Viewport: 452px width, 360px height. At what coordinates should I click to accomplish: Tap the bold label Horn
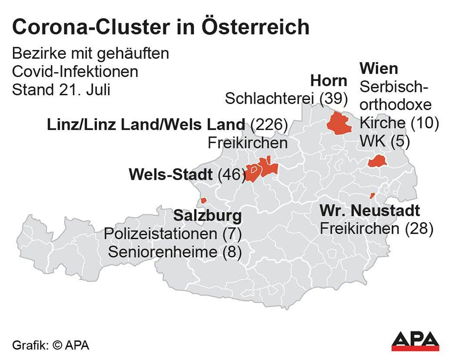(328, 81)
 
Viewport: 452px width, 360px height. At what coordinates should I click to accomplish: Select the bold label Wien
(379, 68)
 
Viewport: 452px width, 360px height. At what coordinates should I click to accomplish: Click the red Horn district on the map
(339, 123)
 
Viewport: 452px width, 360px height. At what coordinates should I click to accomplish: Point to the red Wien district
(377, 162)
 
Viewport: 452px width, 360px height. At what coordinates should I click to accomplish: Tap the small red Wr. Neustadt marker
(372, 195)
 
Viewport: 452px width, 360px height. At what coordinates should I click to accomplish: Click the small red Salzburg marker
(203, 200)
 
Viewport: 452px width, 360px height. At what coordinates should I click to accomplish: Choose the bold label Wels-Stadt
(170, 175)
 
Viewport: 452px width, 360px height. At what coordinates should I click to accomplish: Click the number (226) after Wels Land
(269, 125)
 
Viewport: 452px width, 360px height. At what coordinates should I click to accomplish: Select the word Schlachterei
(270, 98)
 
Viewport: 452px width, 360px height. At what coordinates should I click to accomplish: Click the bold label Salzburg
(208, 216)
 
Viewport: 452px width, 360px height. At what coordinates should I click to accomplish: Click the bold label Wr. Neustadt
(370, 210)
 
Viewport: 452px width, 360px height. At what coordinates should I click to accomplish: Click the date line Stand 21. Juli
(61, 89)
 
